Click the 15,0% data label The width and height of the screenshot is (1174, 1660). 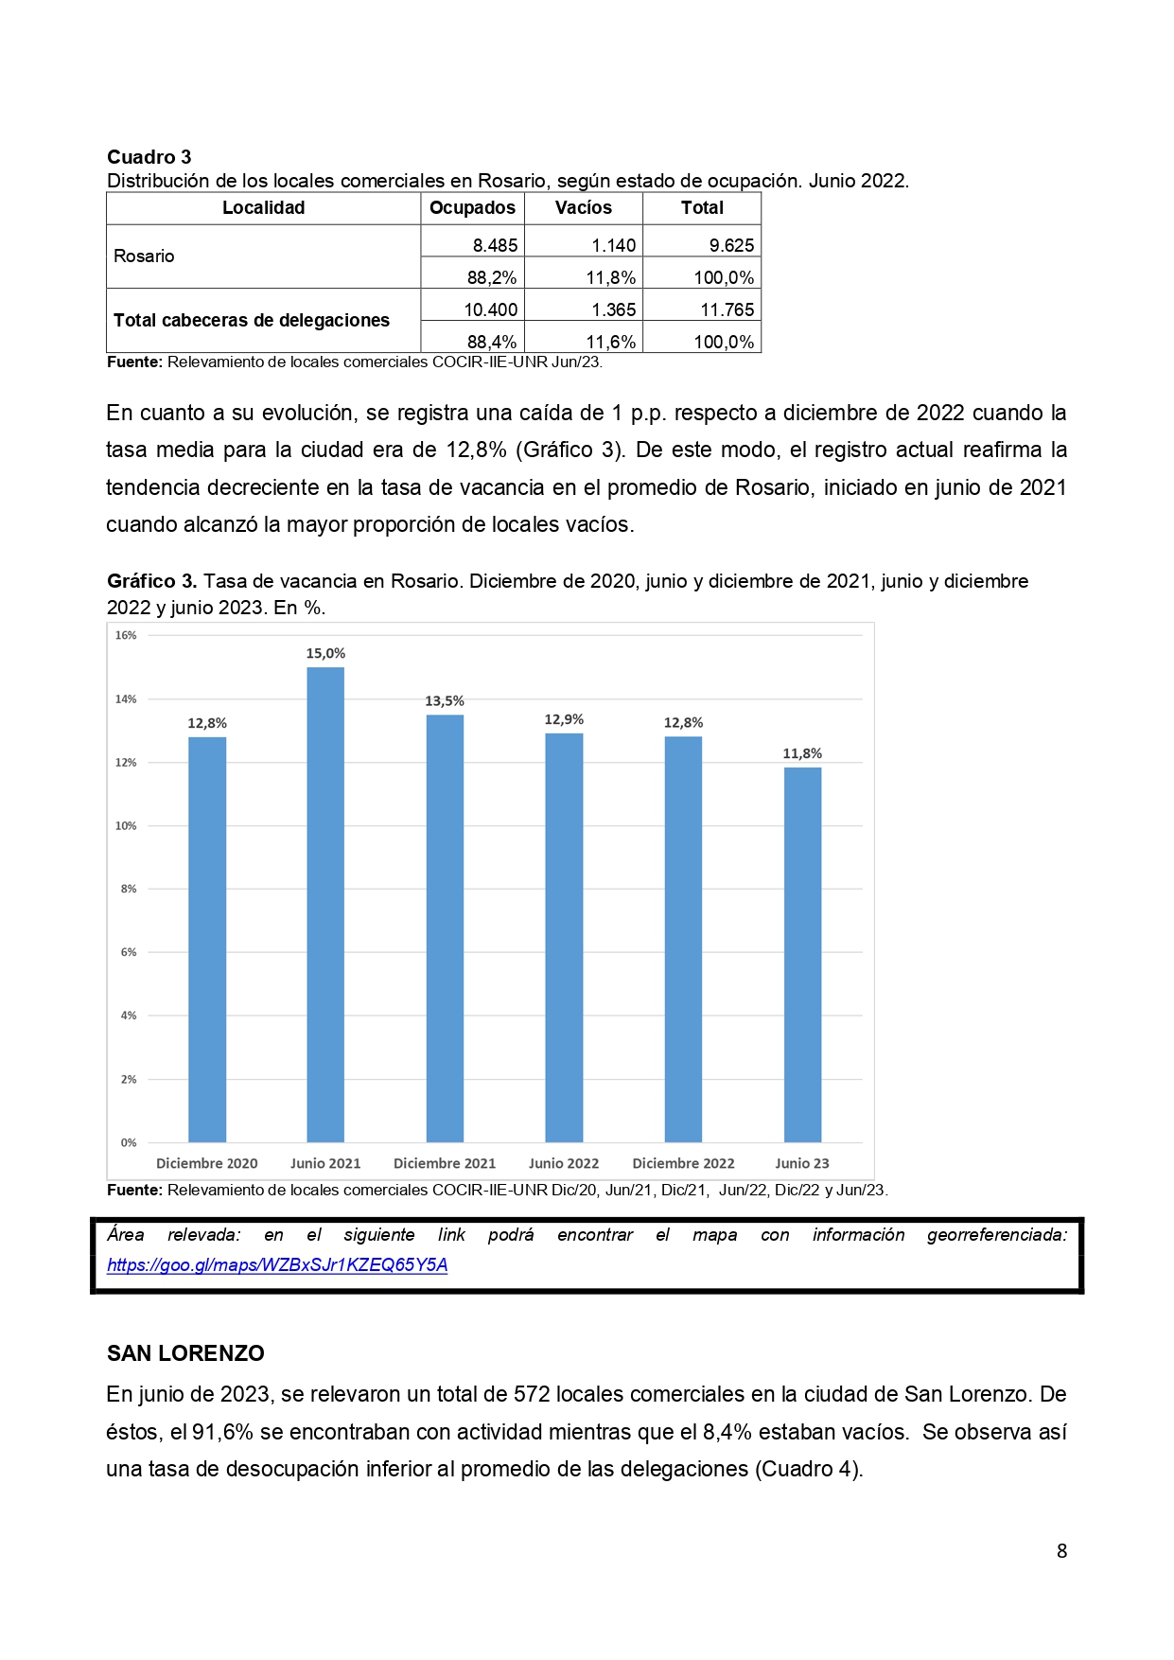point(325,653)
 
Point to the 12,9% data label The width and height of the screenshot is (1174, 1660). point(564,719)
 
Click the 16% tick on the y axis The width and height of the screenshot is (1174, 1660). point(126,635)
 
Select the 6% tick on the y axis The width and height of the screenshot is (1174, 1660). point(128,952)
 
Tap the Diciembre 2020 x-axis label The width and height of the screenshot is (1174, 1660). point(206,1163)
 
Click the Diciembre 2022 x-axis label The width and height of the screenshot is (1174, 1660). point(683,1163)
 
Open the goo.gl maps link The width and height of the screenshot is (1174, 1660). point(277,1265)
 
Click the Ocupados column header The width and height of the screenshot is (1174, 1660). point(472,208)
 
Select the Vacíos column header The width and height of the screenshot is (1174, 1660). point(583,208)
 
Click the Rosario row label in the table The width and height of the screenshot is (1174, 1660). point(144,256)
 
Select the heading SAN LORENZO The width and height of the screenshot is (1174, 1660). point(185,1353)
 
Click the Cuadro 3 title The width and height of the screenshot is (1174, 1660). point(149,157)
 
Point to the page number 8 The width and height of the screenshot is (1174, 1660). point(1061,1550)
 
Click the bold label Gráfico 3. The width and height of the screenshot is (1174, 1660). point(151,581)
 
